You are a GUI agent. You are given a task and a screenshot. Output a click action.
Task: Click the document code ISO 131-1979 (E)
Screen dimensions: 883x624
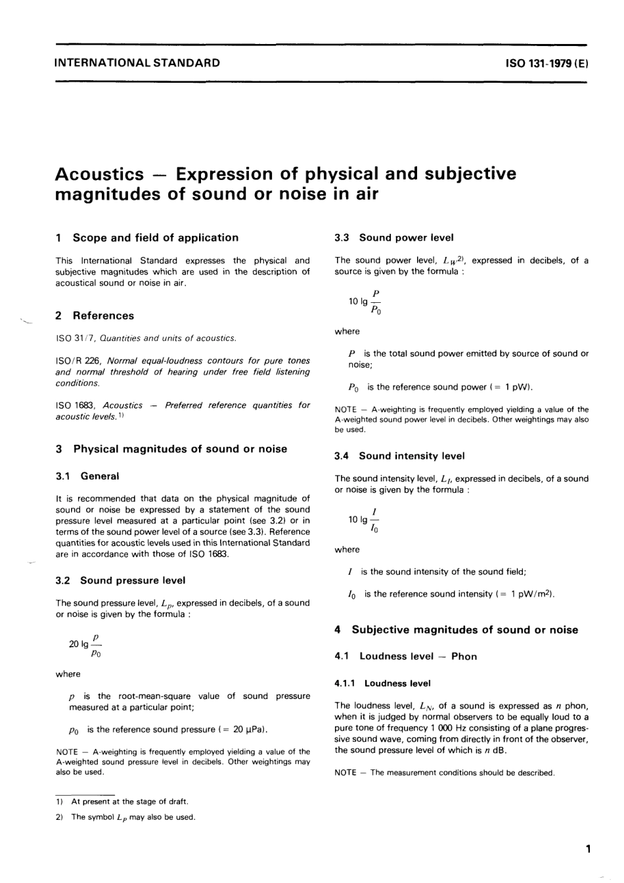(x=546, y=64)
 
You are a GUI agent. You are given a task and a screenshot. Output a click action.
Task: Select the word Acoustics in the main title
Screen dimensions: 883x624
(x=99, y=174)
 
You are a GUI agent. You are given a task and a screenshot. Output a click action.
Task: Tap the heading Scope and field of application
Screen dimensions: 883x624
(x=155, y=238)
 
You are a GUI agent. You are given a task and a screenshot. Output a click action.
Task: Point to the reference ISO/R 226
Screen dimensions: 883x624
(x=78, y=361)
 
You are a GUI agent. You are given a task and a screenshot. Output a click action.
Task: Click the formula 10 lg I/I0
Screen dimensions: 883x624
(x=364, y=520)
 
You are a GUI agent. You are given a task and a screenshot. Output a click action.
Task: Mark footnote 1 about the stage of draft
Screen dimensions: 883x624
(x=129, y=802)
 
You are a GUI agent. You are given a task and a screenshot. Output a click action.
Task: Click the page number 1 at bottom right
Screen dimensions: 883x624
(x=588, y=849)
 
